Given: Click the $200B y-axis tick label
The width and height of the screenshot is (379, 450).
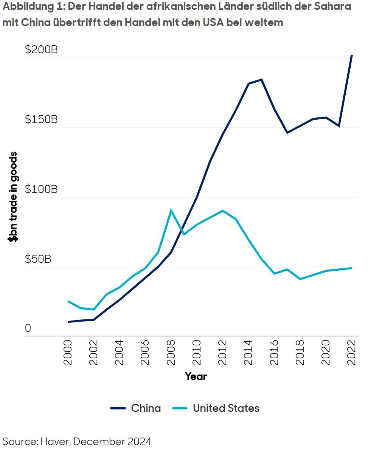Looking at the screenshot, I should click(x=41, y=50).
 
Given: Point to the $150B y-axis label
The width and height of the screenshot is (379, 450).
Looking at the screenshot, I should click(x=41, y=120).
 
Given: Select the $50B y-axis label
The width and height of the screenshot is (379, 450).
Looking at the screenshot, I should click(x=38, y=259).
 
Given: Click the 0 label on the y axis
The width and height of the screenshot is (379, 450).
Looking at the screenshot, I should click(x=28, y=328).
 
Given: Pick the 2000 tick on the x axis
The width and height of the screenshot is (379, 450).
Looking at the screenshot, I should click(x=68, y=352).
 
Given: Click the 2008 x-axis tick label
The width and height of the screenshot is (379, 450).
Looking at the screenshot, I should click(x=171, y=352).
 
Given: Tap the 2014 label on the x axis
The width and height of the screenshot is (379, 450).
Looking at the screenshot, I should click(x=249, y=352).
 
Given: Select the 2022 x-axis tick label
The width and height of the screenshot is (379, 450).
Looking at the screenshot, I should click(x=352, y=352).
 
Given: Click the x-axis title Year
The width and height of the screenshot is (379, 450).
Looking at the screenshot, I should click(x=196, y=376).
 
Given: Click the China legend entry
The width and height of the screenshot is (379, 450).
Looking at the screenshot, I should click(x=146, y=408).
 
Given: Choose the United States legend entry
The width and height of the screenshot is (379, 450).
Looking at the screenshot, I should click(x=226, y=408).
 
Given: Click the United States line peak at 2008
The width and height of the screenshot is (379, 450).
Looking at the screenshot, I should click(x=171, y=210).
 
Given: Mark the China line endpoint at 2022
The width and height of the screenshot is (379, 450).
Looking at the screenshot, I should click(x=352, y=55).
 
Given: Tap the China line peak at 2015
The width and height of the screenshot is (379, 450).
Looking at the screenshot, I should click(x=261, y=80).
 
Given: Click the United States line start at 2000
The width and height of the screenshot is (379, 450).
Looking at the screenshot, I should click(x=68, y=301).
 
